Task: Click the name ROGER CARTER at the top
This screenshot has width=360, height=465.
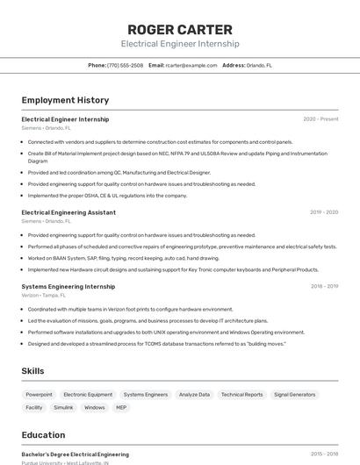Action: click(180, 30)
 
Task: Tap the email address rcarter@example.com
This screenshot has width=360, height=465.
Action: click(191, 65)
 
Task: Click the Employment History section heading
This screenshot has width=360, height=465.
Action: click(65, 100)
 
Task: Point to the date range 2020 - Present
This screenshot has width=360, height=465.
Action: click(320, 119)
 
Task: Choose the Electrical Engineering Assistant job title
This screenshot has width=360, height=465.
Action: click(68, 212)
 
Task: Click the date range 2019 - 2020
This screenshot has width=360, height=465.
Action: click(324, 212)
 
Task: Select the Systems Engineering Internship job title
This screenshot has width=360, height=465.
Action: click(68, 286)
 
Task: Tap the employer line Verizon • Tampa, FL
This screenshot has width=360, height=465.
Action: click(44, 296)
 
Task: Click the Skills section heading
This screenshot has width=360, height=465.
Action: click(32, 371)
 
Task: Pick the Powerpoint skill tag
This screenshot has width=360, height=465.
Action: click(39, 395)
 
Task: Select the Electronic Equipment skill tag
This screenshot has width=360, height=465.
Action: click(88, 395)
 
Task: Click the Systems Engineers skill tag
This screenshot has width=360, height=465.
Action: click(145, 395)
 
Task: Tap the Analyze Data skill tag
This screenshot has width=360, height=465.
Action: click(194, 395)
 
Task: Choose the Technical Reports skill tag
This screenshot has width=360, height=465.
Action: click(241, 395)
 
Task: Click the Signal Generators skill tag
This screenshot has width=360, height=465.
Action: click(294, 395)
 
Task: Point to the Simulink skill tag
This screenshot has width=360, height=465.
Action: click(63, 407)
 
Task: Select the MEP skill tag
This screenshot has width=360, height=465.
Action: click(121, 407)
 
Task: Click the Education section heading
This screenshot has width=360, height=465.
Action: click(43, 435)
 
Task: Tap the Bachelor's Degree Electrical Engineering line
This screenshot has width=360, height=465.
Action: click(75, 454)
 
